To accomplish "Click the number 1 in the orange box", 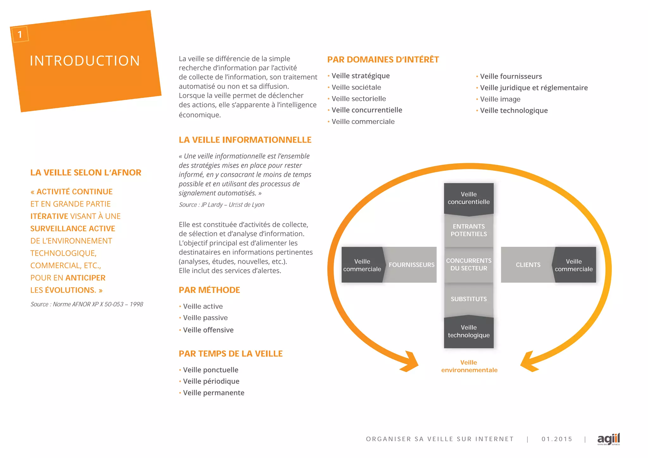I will click(20, 34).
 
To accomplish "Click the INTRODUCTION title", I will click(85, 61).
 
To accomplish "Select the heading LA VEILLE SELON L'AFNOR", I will click(86, 172).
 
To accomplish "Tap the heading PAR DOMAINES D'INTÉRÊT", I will click(383, 59).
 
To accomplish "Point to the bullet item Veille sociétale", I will click(356, 87).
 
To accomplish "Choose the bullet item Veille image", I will click(500, 99).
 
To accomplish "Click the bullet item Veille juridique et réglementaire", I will click(533, 88).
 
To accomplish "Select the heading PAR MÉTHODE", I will click(209, 290).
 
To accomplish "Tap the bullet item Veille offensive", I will click(208, 330).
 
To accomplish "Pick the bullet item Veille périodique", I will click(211, 381).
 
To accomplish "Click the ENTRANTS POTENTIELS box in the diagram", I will click(469, 230).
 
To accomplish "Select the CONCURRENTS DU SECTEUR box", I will click(469, 264).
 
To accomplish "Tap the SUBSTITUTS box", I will click(469, 299).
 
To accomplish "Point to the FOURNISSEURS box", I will click(411, 265).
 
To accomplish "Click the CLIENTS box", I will click(528, 265).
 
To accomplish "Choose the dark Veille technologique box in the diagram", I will click(469, 331).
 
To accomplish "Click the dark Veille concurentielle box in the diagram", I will click(469, 198).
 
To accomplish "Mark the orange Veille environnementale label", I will click(469, 366).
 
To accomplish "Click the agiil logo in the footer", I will click(608, 439).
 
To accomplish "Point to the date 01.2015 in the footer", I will click(557, 439).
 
